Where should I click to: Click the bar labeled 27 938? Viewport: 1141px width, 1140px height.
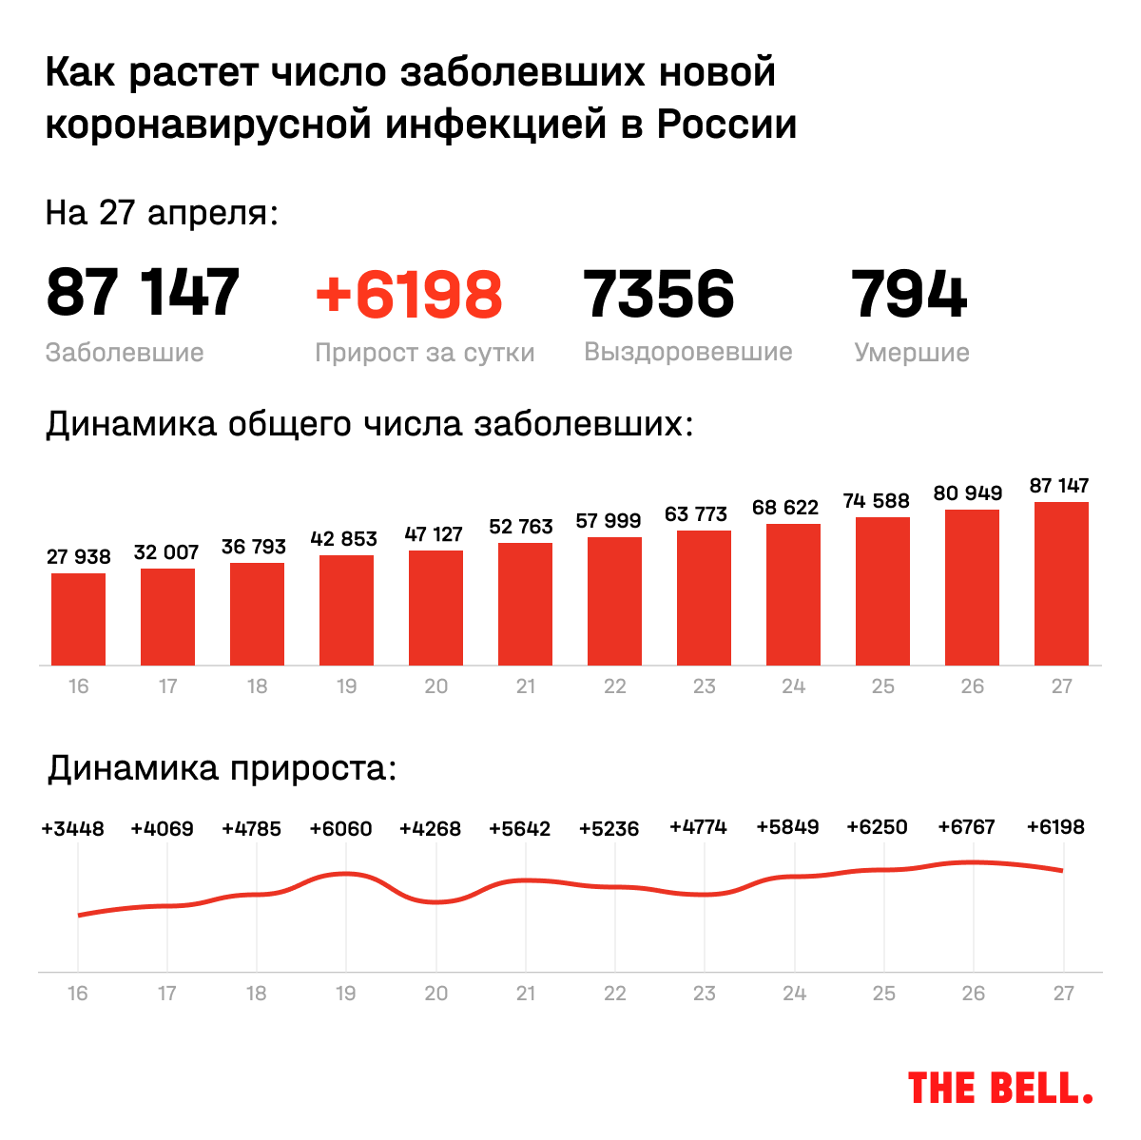[x=78, y=619]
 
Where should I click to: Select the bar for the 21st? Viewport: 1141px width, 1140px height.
[x=525, y=604]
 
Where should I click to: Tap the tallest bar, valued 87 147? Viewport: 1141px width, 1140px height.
[x=1061, y=583]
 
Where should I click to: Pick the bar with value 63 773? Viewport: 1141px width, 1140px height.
[x=704, y=597]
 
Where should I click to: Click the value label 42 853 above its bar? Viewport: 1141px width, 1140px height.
[x=344, y=538]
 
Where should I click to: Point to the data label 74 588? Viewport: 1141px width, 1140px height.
[x=877, y=501]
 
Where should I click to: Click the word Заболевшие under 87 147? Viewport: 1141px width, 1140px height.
[x=125, y=353]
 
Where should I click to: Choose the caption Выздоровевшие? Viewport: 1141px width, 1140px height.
[x=688, y=352]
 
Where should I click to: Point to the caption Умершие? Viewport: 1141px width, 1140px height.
[x=912, y=353]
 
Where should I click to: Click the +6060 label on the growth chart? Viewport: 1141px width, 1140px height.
[x=340, y=829]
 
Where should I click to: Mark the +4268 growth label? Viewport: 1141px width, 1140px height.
[x=430, y=829]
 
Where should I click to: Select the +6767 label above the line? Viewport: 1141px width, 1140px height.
[x=966, y=827]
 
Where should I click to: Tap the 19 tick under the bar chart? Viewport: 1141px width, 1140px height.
[x=346, y=686]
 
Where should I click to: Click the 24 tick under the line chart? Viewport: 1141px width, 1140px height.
[x=794, y=994]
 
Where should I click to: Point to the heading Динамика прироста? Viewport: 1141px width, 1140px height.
[x=222, y=768]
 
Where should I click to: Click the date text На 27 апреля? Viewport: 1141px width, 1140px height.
[x=162, y=213]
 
